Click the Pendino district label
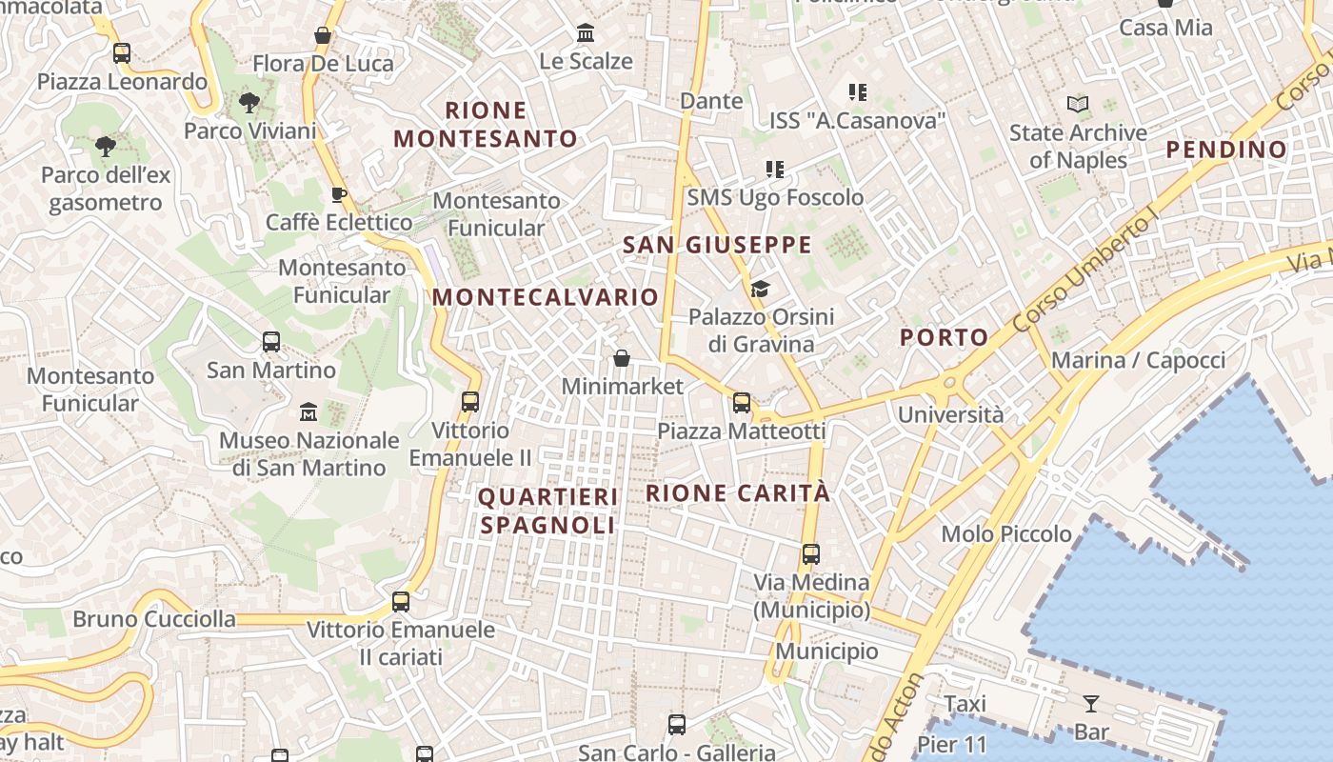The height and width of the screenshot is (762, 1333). coord(1226,150)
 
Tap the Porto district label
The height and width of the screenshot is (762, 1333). coord(945,337)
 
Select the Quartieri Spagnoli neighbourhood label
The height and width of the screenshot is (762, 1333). coord(547,511)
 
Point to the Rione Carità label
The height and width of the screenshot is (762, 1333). coord(738,493)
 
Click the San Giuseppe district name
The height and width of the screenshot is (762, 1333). coord(717,245)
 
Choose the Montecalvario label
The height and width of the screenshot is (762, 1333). coord(546,297)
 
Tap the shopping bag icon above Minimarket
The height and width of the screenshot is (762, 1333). coord(622,358)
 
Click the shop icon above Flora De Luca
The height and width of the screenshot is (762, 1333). coord(323,35)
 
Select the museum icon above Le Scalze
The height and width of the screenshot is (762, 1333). coord(586,33)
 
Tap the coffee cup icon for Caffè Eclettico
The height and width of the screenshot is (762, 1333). coord(338,194)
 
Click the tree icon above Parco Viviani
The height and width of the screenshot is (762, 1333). coord(249,102)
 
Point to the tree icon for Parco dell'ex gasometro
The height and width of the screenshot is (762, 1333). coord(106,147)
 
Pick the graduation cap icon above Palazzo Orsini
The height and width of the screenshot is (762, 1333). coord(760,289)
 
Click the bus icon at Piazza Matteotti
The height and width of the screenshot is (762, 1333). coord(742,403)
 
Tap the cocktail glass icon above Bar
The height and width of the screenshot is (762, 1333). coord(1091,704)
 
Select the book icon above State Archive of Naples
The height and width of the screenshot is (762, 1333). coord(1078,104)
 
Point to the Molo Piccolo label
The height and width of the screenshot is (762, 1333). coord(1006,533)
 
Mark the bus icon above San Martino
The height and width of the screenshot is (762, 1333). coord(271,342)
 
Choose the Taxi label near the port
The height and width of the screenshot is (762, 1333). coord(965,704)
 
